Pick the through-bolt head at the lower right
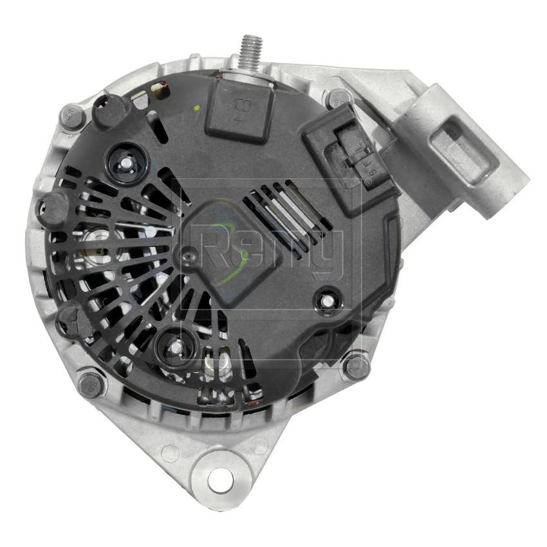[x=356, y=366]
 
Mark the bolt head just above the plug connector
[x=337, y=98]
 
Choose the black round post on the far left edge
[x=53, y=208]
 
